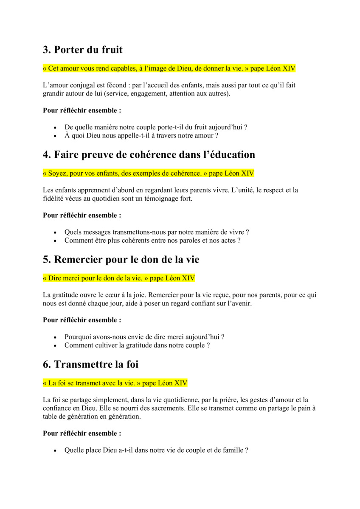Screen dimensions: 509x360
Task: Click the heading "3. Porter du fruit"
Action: (83, 50)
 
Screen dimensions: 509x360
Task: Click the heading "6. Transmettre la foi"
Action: (90, 364)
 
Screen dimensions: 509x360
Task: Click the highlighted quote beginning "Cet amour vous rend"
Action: (169, 68)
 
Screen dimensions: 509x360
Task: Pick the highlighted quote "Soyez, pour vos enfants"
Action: (149, 173)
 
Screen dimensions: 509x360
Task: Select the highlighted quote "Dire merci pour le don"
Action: (119, 278)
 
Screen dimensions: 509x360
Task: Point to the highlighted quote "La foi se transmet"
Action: (115, 383)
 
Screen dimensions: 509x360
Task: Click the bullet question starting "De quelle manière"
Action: (156, 127)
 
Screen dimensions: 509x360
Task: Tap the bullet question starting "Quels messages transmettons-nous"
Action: (157, 232)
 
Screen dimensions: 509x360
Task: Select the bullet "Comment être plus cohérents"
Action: (152, 241)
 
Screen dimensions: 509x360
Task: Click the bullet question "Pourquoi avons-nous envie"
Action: (144, 337)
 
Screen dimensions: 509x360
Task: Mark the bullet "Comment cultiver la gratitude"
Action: (137, 345)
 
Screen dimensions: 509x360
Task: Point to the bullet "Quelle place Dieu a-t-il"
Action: (156, 450)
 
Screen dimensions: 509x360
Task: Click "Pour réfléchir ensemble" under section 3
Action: (82, 110)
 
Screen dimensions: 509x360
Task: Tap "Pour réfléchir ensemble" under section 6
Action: (82, 433)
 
